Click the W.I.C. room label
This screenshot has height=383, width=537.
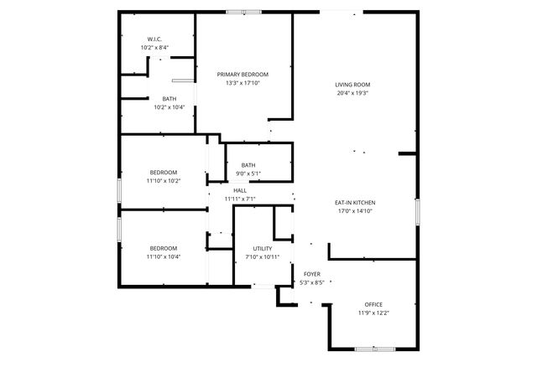(154, 39)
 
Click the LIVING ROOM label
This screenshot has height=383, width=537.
(352, 85)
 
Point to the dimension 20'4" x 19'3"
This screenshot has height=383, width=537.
(352, 93)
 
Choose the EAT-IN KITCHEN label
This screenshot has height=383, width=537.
(354, 203)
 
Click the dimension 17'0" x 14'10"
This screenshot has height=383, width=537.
(354, 211)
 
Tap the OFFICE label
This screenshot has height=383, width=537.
(373, 304)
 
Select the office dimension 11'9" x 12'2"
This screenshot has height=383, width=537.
(373, 313)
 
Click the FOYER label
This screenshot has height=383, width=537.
(312, 274)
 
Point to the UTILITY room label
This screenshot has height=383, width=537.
(262, 249)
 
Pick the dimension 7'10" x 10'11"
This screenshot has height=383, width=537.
(262, 257)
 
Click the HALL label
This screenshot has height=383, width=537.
(240, 190)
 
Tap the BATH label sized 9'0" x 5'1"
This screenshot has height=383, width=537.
(248, 165)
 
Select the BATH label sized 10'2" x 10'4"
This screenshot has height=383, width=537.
(169, 99)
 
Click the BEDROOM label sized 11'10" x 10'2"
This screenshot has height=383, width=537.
(164, 172)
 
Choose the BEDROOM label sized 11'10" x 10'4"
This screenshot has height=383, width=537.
(164, 248)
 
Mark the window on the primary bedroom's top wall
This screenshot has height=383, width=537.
(243, 12)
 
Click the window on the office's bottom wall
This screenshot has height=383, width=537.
(371, 348)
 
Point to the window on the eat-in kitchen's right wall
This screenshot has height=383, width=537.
(417, 211)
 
